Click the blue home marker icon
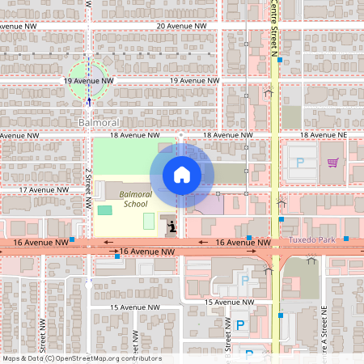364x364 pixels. tap(181, 174)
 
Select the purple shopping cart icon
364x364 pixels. tap(332, 163)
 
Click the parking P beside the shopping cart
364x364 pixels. tap(300, 163)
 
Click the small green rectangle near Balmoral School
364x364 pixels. tap(105, 210)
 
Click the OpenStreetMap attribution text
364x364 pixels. tap(82, 358)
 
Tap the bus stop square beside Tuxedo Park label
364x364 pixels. tap(345, 239)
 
